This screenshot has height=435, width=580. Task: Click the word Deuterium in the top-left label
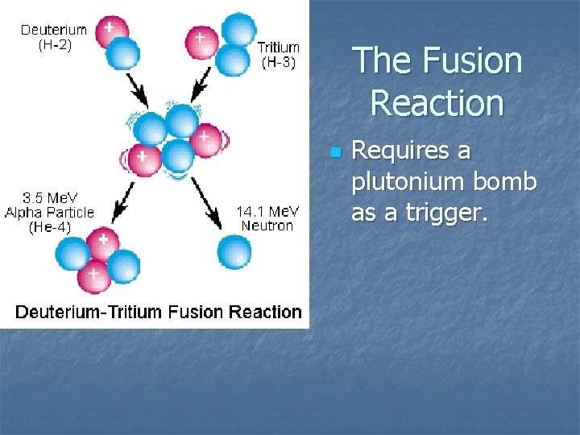click(x=53, y=31)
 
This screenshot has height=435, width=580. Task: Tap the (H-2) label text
click(x=54, y=45)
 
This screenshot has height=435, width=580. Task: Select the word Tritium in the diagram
click(x=279, y=48)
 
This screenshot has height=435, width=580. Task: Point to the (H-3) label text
click(x=279, y=62)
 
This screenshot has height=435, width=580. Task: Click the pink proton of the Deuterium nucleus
click(x=111, y=31)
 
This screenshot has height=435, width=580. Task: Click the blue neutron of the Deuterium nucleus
click(x=123, y=54)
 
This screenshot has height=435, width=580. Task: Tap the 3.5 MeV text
click(x=49, y=198)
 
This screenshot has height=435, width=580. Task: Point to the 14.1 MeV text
click(x=267, y=211)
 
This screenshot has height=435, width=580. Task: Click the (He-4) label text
click(x=49, y=227)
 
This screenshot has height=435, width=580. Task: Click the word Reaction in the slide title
click(x=437, y=103)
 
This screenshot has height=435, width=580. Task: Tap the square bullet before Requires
click(x=336, y=152)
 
